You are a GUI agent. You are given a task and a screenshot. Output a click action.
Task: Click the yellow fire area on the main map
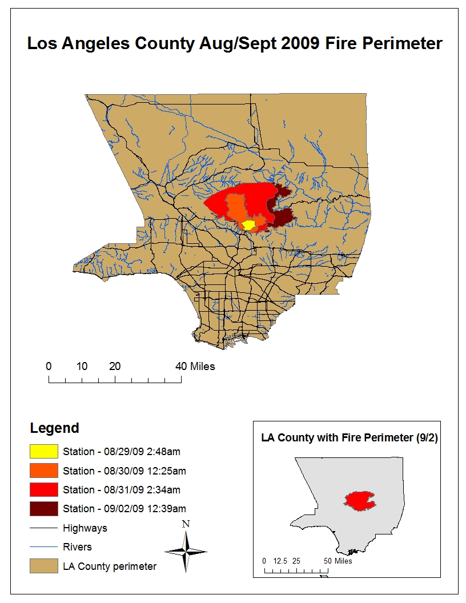[248, 225]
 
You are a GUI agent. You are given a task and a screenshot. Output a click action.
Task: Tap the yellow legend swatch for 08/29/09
[44, 452]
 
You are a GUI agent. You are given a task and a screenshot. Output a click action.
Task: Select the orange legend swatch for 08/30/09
[44, 471]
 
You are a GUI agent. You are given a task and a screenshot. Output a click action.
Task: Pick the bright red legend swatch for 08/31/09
[44, 489]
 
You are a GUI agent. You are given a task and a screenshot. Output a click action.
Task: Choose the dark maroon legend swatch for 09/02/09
[44, 508]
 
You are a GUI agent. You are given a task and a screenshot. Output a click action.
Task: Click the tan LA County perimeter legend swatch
[44, 566]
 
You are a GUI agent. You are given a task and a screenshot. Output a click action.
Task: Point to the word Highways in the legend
[85, 528]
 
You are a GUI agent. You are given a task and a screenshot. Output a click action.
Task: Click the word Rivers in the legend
[77, 547]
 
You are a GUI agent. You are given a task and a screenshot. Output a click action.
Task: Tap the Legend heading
[54, 428]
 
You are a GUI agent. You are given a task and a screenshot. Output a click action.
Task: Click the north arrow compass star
[186, 552]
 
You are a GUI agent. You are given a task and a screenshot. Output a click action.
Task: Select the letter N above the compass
[186, 524]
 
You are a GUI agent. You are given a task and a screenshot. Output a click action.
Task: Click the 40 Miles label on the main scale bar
[196, 366]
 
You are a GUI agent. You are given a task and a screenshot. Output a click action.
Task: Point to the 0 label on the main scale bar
[49, 366]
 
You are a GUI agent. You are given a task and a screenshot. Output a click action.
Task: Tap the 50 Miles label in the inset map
[338, 561]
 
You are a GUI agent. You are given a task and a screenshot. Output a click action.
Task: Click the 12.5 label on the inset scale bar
[279, 561]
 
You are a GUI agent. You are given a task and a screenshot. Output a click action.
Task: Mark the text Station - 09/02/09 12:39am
[124, 508]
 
